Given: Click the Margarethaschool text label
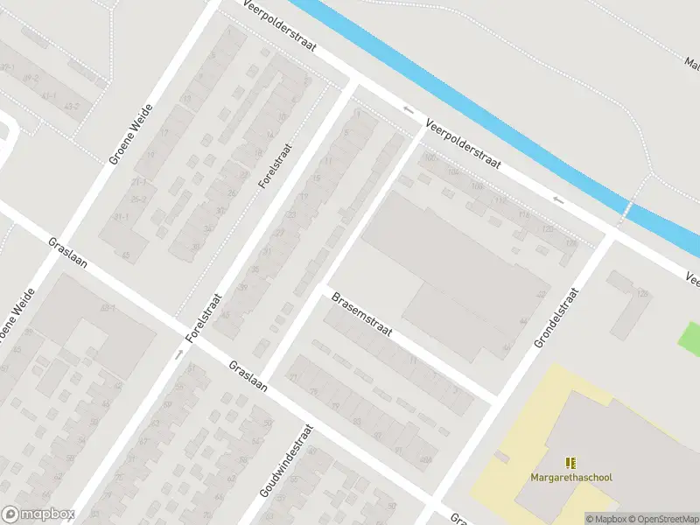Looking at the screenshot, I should pyautogui.click(x=571, y=477).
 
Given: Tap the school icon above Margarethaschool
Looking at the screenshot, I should pyautogui.click(x=571, y=462).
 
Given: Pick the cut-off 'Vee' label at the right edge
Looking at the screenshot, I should pyautogui.click(x=691, y=279).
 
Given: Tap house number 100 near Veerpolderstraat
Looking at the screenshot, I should pyautogui.click(x=429, y=158).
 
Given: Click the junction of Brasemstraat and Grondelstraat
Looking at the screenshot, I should pyautogui.click(x=496, y=397).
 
